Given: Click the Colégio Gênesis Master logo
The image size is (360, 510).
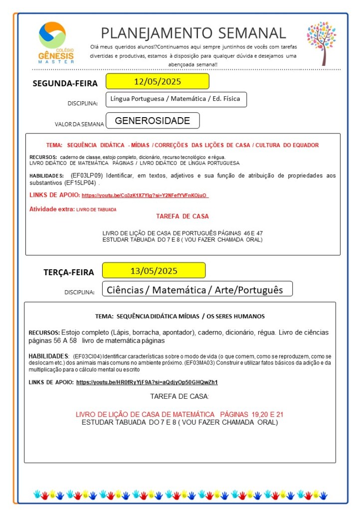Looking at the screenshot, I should point(56,43).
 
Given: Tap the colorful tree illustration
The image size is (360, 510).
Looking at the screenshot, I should point(322,43).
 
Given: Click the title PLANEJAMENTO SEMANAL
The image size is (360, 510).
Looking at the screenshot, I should point(193,33).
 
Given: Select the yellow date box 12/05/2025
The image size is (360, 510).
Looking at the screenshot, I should point(157,81).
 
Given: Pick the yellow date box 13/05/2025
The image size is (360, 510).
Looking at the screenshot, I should point(154,271).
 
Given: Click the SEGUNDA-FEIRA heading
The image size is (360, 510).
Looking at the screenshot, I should point(65,83).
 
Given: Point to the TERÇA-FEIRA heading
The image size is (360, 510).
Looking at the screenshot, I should point(68,272).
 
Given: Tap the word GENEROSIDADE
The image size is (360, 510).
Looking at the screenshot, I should point(152,121).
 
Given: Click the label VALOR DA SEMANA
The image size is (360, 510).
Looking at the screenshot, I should point(79,124).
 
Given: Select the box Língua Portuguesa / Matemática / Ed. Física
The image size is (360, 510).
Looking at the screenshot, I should point(176,99).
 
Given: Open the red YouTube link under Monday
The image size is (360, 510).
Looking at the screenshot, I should point(145,195).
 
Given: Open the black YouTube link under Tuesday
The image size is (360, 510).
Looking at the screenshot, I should point(147,382).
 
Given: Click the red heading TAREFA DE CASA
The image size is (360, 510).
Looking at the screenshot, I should point(182,216).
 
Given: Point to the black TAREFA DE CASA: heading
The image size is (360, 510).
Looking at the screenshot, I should point(180,396).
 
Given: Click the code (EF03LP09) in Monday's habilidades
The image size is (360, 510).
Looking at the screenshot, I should point(88,175).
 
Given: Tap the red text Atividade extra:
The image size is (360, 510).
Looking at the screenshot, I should point(52,209).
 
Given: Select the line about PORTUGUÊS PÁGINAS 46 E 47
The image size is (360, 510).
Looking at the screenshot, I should point(182,233).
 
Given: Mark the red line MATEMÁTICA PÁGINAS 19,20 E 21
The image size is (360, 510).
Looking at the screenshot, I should point(180,414).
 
